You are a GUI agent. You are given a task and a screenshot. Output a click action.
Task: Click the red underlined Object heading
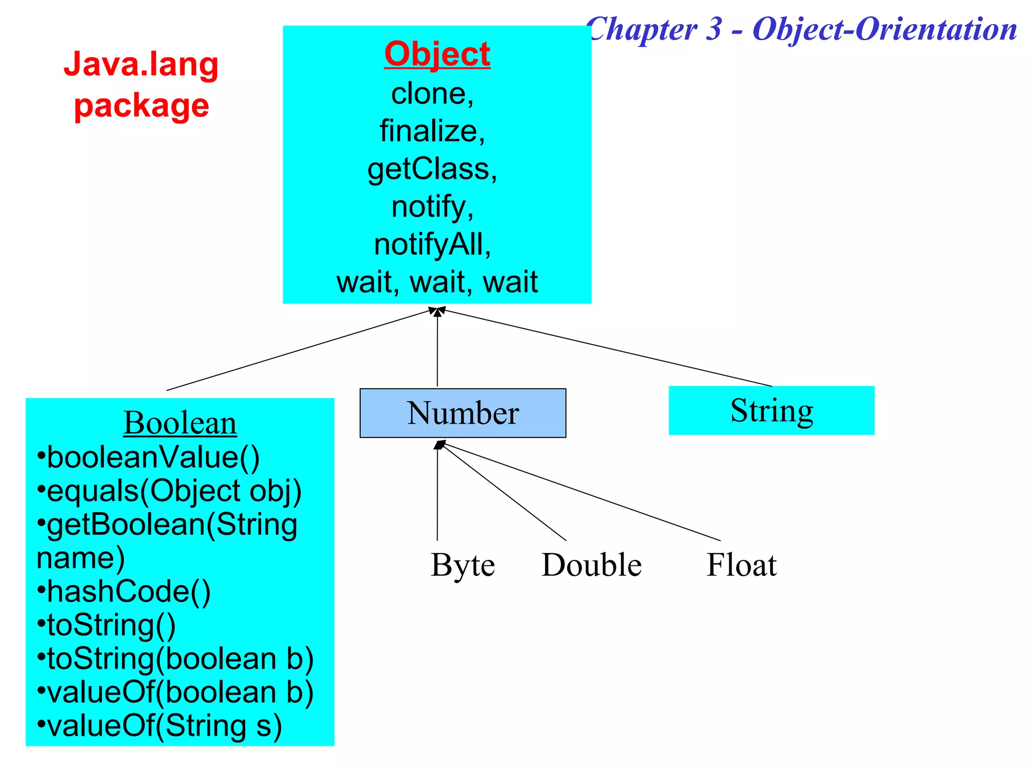click(437, 54)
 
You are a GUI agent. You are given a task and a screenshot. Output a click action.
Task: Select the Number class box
click(462, 413)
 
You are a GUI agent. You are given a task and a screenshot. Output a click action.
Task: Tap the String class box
click(771, 411)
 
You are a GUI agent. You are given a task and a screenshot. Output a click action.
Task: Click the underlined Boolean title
click(180, 423)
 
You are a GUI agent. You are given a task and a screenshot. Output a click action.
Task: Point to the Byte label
click(463, 565)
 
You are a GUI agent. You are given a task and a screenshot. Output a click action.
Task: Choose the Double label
click(591, 565)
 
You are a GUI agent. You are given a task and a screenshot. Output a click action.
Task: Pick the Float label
click(742, 565)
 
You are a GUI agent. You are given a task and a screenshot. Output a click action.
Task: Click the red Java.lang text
click(141, 65)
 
